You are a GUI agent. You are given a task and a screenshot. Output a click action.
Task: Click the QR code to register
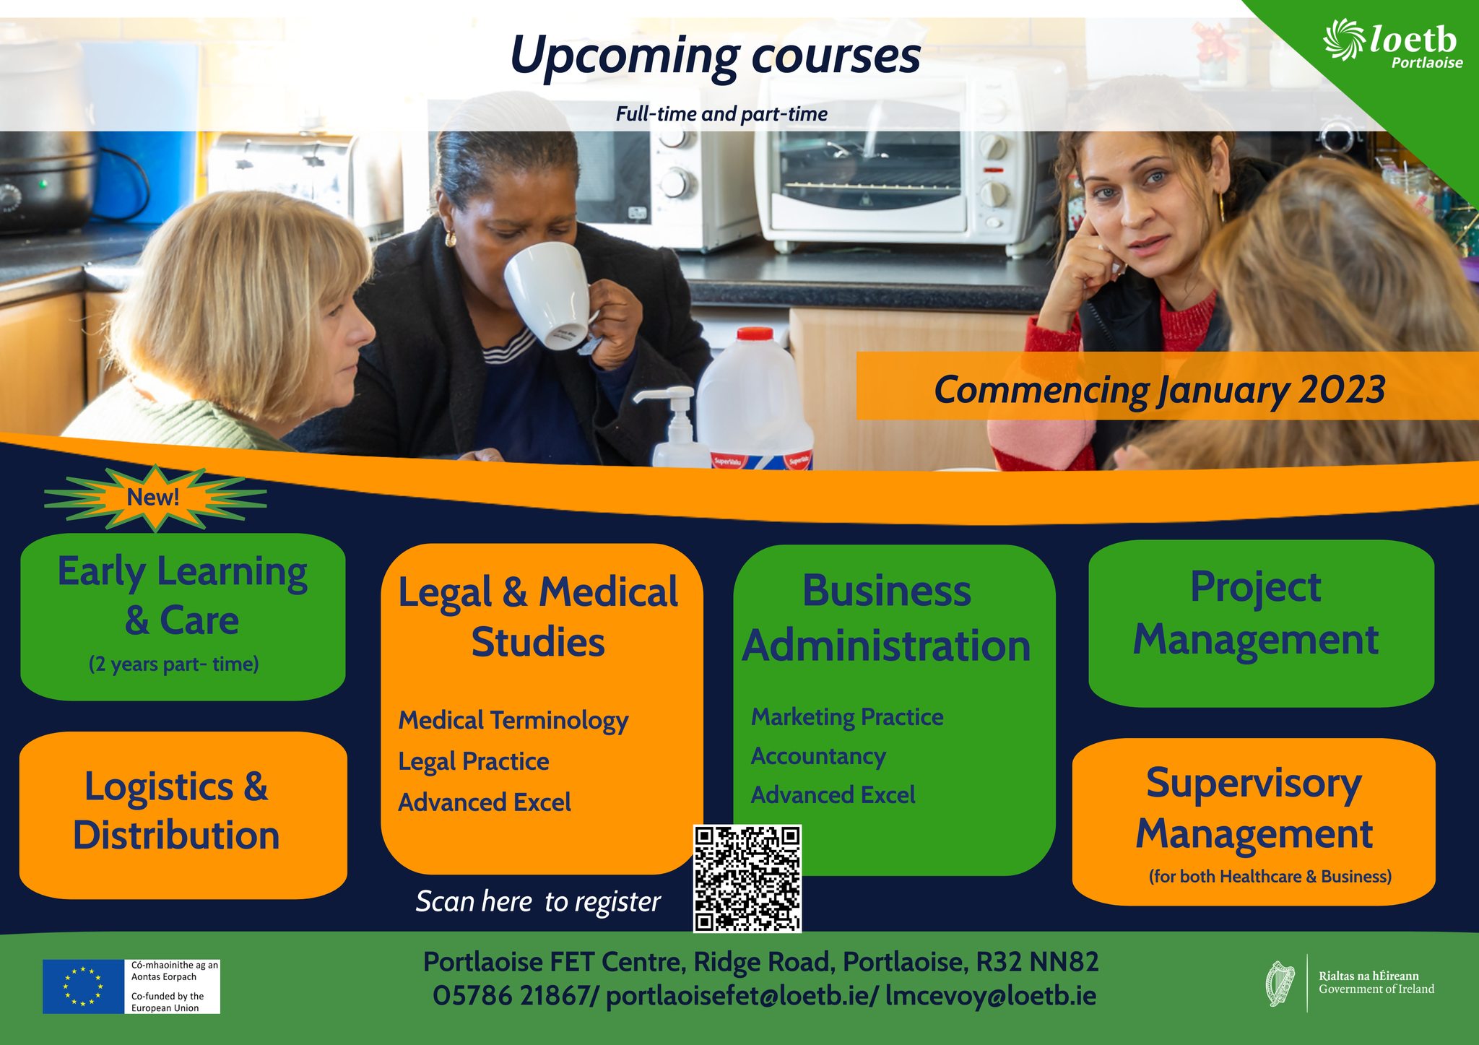point(747,878)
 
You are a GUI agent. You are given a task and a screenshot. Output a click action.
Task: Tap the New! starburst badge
point(155,498)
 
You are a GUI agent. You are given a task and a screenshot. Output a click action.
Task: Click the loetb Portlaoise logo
point(1393,45)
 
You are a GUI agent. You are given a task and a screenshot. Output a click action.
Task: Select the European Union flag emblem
point(83,987)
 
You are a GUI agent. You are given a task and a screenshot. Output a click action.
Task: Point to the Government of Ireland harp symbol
point(1281,984)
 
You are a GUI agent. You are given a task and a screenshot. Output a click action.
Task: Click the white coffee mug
point(552,295)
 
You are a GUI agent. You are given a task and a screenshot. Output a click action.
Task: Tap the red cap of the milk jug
point(755,334)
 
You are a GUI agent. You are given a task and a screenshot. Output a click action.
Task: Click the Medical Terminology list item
point(513,721)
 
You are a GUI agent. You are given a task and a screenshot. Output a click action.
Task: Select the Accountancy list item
point(818,757)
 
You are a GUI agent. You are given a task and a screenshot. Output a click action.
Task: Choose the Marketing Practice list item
point(847,716)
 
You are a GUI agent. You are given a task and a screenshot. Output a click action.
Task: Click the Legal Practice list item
point(474,762)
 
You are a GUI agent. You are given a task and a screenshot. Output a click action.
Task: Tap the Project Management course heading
point(1256,614)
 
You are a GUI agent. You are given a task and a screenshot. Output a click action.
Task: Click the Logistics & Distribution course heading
point(176,810)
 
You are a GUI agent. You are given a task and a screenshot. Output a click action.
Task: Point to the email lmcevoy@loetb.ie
point(991,996)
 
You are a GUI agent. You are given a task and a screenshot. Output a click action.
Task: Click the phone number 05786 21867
point(511,996)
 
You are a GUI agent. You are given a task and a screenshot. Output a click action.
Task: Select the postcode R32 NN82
point(1037,962)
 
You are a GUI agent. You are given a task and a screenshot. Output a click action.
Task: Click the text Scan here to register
point(538,902)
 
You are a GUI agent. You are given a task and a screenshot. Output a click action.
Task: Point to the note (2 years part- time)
point(174,664)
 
